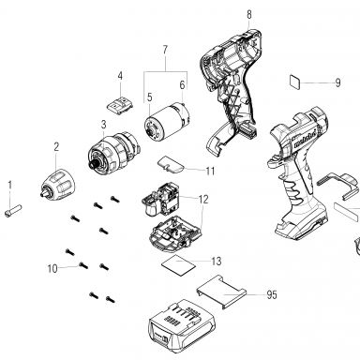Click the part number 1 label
(x=9, y=185)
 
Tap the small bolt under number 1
(x=13, y=210)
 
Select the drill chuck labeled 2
(x=58, y=185)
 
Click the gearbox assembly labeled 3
(x=112, y=148)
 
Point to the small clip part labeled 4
(x=120, y=105)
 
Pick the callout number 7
(x=165, y=50)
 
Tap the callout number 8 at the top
(x=249, y=14)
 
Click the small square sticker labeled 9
(x=295, y=82)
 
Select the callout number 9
(x=337, y=82)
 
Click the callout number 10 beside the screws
(x=52, y=268)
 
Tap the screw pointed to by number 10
(x=83, y=265)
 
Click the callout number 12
(x=203, y=199)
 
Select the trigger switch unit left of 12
(x=161, y=200)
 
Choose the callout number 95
(x=272, y=294)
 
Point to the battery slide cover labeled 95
(x=221, y=292)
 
